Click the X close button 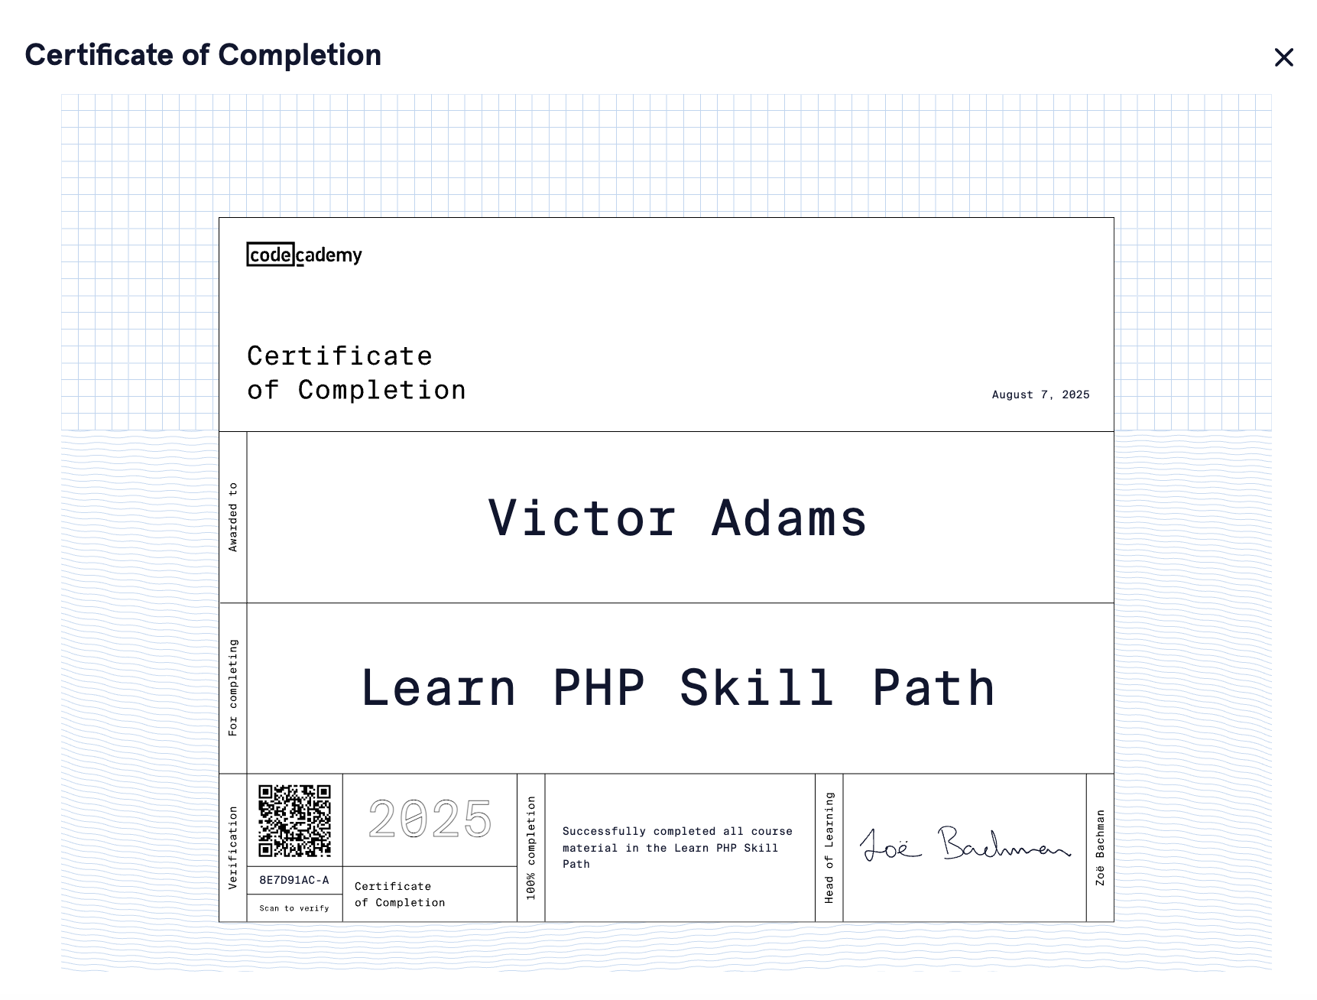(x=1283, y=57)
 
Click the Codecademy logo (x=304, y=255)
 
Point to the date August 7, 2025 (x=1040, y=394)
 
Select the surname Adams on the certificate (x=789, y=518)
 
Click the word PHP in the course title (x=598, y=688)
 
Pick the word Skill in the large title (x=756, y=688)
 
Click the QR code (x=294, y=820)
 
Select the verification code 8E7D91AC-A (x=294, y=880)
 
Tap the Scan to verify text (x=294, y=908)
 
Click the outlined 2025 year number (x=430, y=819)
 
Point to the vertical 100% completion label (x=531, y=847)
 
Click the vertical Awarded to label (x=233, y=517)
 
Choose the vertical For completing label (x=233, y=687)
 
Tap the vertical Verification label (x=233, y=847)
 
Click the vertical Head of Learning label (x=829, y=847)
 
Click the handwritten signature (x=965, y=845)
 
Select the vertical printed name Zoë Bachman (x=1100, y=847)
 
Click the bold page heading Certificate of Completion (x=203, y=55)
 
